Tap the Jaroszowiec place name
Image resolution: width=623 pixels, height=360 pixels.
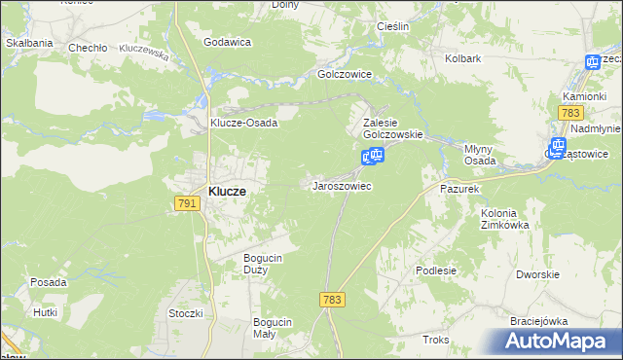click(341, 185)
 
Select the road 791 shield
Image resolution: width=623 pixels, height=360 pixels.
click(189, 203)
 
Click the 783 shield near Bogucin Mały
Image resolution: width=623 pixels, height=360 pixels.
click(332, 302)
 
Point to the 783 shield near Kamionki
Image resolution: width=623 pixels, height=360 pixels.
click(570, 114)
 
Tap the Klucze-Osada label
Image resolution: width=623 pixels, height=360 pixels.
click(244, 123)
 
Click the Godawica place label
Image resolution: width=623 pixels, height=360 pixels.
click(228, 42)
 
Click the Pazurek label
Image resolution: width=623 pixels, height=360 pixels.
click(460, 188)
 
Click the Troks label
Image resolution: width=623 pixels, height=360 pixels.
click(436, 340)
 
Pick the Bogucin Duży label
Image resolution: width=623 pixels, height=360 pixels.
click(262, 264)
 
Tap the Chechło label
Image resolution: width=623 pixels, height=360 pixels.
click(86, 47)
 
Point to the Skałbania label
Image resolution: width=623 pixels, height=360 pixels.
click(28, 43)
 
